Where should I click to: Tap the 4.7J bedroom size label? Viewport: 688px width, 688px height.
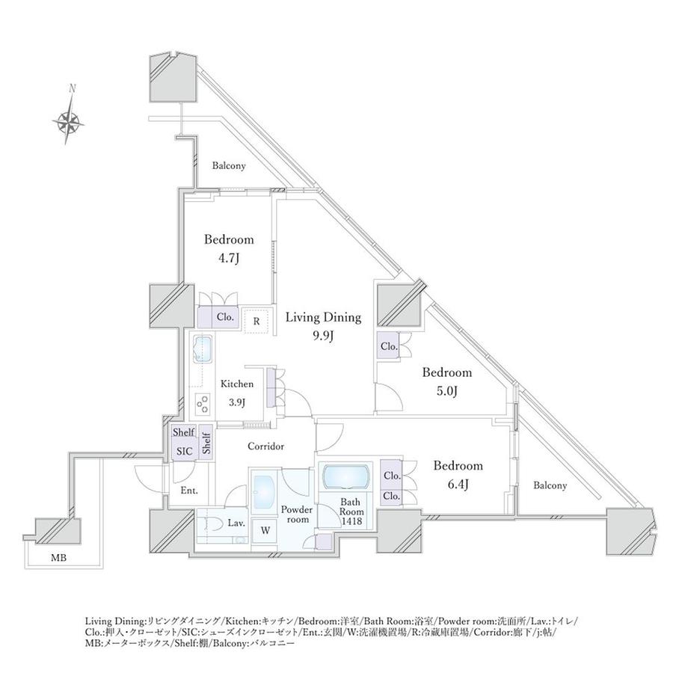click(x=229, y=258)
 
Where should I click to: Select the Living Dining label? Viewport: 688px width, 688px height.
click(x=323, y=317)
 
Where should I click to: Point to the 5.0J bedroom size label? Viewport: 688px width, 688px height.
click(x=446, y=391)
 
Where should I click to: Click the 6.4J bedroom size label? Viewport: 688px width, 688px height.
click(x=458, y=484)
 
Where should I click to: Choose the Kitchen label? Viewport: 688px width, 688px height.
click(x=236, y=384)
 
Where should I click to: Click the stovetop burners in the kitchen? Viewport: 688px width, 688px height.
click(x=202, y=404)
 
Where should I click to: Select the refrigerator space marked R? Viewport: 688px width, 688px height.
click(x=256, y=321)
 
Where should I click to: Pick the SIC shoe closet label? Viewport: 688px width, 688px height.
click(x=183, y=452)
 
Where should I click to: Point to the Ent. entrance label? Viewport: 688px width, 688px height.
click(x=188, y=491)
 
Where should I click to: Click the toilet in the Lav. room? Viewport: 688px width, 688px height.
click(x=212, y=523)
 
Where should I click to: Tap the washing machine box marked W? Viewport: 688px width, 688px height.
click(x=265, y=530)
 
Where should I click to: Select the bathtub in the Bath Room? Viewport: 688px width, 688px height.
click(x=345, y=476)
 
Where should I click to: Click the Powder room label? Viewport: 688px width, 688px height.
click(x=295, y=515)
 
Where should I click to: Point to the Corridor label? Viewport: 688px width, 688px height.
click(x=265, y=446)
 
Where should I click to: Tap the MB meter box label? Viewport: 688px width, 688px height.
click(x=58, y=557)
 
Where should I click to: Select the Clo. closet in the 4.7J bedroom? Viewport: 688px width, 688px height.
click(x=225, y=317)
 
